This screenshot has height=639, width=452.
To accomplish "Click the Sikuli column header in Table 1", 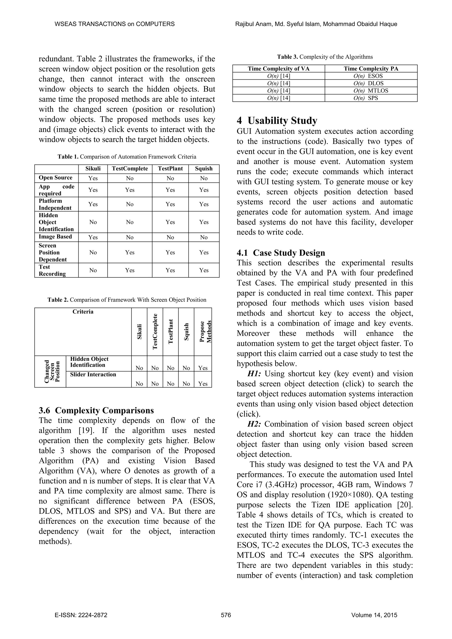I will click(x=93, y=169).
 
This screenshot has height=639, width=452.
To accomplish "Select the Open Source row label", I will click(x=55, y=178).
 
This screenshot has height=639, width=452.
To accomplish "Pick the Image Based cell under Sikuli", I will click(x=93, y=237).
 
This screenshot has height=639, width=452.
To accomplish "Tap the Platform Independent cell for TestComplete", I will click(x=130, y=204).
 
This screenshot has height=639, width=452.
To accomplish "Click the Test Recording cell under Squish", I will click(x=204, y=270).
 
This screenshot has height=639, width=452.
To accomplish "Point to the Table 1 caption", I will click(x=127, y=157).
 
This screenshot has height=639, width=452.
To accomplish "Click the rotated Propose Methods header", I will click(x=205, y=331).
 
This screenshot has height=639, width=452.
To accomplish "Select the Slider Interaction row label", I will click(x=93, y=375).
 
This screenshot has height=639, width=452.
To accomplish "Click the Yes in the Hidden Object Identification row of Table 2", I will click(x=203, y=368).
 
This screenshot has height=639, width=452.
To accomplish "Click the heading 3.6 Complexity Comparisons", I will click(x=96, y=410).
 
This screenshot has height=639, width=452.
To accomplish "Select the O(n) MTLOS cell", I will click(x=371, y=91).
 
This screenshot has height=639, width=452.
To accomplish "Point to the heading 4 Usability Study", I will click(x=277, y=120).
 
